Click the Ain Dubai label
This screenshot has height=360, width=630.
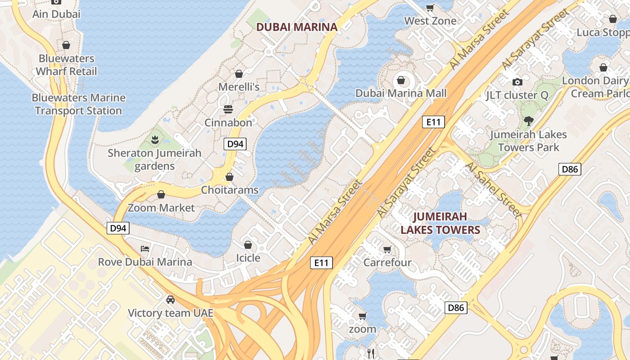coord(56,14)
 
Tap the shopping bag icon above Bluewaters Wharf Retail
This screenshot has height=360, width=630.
coord(66,45)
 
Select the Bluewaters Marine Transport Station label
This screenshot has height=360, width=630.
coord(79,104)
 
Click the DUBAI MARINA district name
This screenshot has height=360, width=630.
coord(297,27)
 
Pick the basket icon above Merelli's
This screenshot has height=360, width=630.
coord(239,74)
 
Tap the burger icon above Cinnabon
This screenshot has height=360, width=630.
coord(228,109)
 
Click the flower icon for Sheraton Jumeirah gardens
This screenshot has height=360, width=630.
coord(155,140)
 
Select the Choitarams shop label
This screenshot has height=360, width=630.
coord(229,190)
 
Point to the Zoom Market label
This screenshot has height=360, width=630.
coord(161,207)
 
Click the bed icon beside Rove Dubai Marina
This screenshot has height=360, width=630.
coord(145,248)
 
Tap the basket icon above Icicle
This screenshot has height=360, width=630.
coord(247,245)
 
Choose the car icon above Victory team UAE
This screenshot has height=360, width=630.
coord(170,300)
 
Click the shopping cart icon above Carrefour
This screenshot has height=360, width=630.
coord(387,250)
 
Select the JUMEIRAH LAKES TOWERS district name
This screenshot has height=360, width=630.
coord(440,223)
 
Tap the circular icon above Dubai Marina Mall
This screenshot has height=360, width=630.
coord(400,81)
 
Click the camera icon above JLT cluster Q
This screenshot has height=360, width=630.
coord(517,82)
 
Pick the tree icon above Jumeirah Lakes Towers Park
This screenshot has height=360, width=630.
coord(528,121)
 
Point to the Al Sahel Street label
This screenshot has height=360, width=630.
coord(494,190)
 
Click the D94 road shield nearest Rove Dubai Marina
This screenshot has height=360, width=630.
coord(118,228)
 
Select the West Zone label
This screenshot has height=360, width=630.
coord(430,21)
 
